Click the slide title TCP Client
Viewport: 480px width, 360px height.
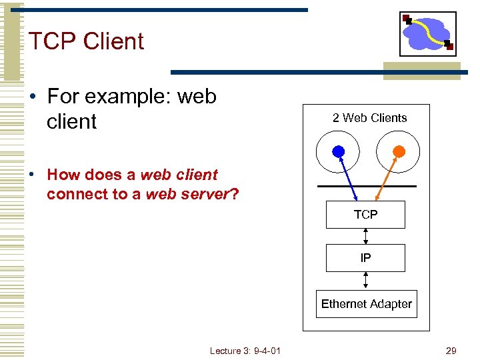point(86,41)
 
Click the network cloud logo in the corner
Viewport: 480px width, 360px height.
point(428,33)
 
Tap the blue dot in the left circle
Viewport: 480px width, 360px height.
point(339,151)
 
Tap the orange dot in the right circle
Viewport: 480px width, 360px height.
point(398,151)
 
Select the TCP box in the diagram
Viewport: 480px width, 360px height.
point(365,215)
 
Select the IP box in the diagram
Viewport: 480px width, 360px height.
point(365,258)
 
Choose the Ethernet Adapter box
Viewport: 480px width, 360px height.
point(366,304)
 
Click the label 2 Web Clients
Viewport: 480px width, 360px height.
point(369,118)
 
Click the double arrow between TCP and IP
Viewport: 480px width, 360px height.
point(365,236)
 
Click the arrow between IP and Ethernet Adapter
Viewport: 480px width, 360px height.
point(365,280)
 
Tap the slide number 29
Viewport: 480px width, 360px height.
point(451,351)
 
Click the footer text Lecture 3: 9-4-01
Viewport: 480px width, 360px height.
point(245,351)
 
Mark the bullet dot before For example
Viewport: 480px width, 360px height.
point(33,97)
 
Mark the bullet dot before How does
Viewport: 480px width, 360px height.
point(33,175)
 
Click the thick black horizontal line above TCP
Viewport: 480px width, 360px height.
point(367,185)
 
